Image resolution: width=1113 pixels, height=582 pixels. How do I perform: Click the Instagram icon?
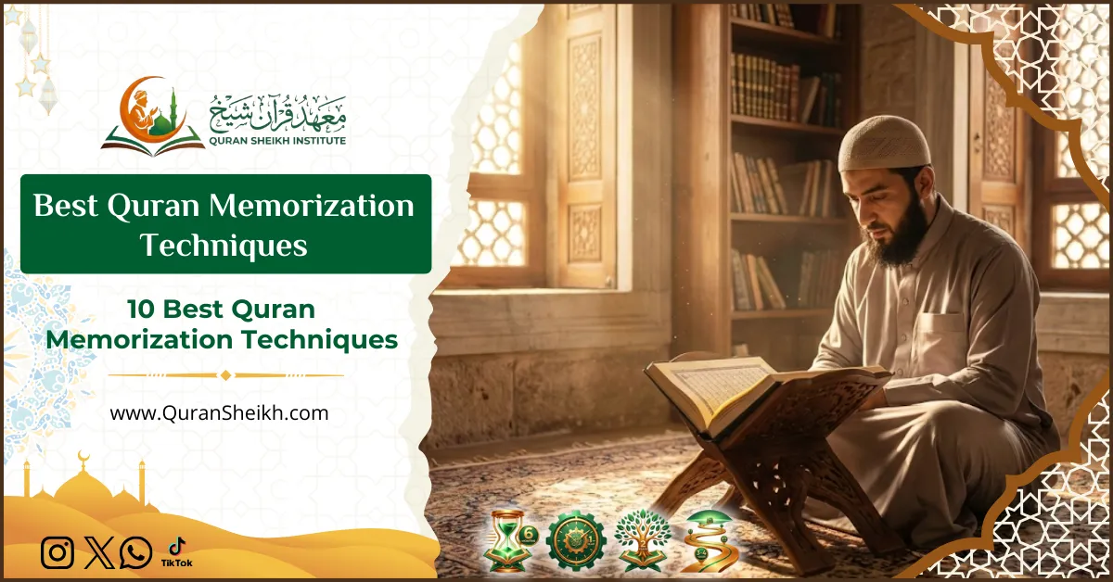[x=57, y=553]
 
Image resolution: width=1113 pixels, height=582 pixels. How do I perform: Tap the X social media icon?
[x=97, y=553]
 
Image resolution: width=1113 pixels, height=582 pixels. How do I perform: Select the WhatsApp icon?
[x=136, y=553]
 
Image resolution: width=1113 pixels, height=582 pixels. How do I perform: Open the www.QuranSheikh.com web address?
[x=219, y=413]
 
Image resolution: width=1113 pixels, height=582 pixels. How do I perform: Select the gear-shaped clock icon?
[x=575, y=540]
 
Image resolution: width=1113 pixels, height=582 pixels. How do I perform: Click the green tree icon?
[x=643, y=538]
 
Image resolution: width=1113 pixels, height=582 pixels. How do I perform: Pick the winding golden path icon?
[x=708, y=540]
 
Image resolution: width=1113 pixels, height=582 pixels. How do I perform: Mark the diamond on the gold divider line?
[x=224, y=375]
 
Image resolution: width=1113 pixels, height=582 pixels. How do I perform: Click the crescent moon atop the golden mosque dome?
[x=83, y=456]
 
